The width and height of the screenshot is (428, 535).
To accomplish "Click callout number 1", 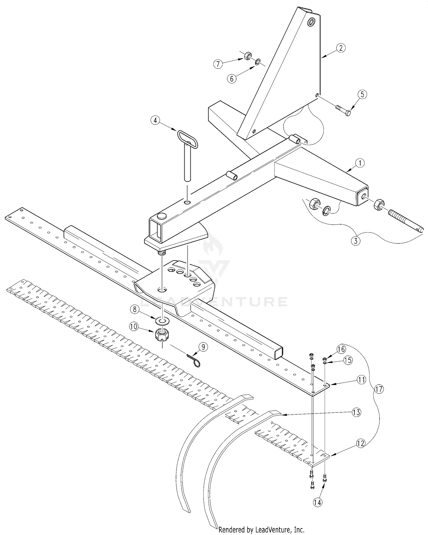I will point(360,163).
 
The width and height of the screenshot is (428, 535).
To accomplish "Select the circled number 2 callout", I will point(341,48).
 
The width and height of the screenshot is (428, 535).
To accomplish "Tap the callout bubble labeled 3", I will point(356,241).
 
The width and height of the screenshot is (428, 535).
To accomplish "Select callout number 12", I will point(360,443).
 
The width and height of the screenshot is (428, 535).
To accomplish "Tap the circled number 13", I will point(356,412).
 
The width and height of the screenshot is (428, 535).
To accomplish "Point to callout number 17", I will point(380,389).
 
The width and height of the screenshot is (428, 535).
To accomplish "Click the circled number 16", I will point(341,349).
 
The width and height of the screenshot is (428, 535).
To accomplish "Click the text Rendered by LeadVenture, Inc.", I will point(261,530).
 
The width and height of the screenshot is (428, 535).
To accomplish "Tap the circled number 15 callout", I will point(348,360).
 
